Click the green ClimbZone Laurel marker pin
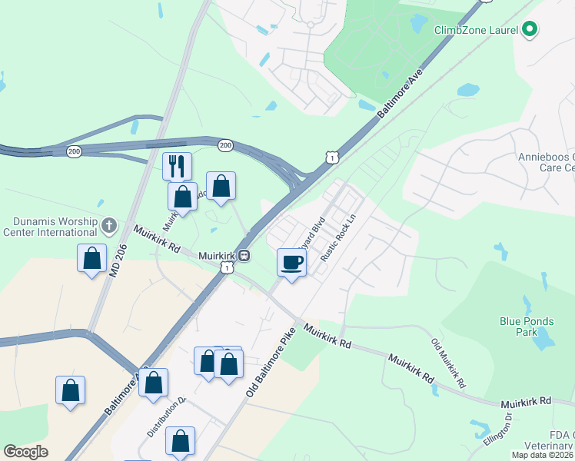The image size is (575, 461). [x=529, y=30]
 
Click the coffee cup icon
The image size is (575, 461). [x=292, y=261]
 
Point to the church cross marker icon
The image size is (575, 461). [x=108, y=225]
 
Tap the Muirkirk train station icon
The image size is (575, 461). [x=243, y=255]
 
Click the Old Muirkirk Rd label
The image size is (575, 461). [x=449, y=363]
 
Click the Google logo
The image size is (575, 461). [x=26, y=452]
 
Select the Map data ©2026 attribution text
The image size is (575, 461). [x=542, y=455]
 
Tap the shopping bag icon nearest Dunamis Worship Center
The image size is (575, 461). [x=91, y=258]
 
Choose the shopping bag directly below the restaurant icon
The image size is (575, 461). [x=182, y=197]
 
